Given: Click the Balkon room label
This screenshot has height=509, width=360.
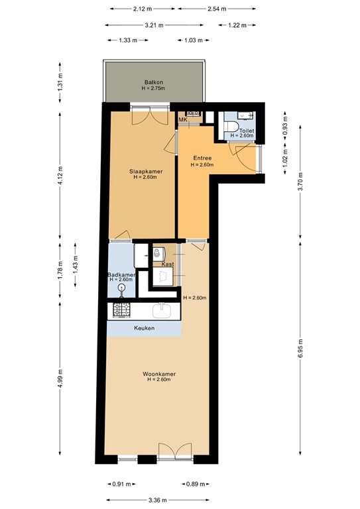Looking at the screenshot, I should point(154,82).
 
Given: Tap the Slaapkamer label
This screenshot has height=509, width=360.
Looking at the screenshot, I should point(145,171).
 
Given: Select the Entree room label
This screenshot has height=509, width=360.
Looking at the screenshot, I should point(202,158).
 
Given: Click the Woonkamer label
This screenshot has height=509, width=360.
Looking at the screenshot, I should point(159,374).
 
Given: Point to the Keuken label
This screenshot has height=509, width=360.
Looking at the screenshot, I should point(145,328).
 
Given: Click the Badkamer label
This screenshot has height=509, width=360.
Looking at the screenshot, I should point(122,274).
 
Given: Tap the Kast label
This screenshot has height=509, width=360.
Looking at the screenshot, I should point(168,264).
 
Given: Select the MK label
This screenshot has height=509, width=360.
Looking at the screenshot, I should point(182,120).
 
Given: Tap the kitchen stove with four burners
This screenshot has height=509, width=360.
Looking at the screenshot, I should point(121,310).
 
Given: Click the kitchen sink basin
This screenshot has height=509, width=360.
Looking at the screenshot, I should point(163,310).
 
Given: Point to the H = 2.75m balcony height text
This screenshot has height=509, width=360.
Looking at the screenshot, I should point(154,89).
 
